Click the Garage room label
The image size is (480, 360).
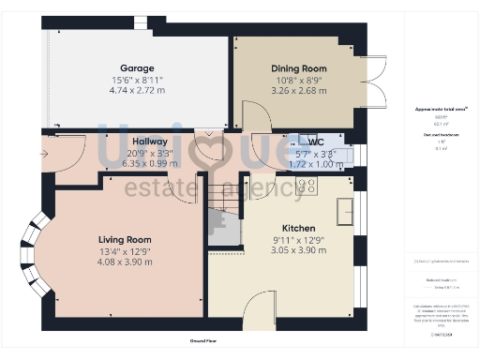click(x=136, y=69)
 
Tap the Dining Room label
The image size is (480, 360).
click(x=298, y=68)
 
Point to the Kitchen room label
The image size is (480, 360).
click(x=298, y=228)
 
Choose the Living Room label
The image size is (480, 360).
click(x=125, y=239)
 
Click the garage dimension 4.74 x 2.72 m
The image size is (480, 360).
click(x=136, y=91)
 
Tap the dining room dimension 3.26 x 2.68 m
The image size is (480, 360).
click(x=298, y=91)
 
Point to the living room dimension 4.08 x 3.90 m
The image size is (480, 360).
click(x=125, y=262)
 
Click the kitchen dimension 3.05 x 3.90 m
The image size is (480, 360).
click(x=298, y=250)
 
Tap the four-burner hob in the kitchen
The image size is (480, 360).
click(x=307, y=186)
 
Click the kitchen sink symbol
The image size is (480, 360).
click(x=346, y=208)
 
